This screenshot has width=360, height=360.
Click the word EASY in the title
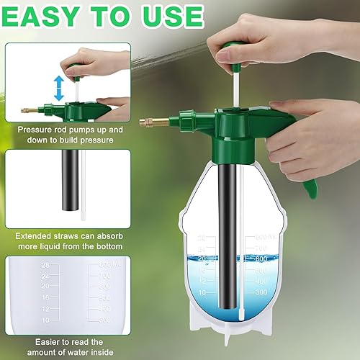[47, 16]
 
